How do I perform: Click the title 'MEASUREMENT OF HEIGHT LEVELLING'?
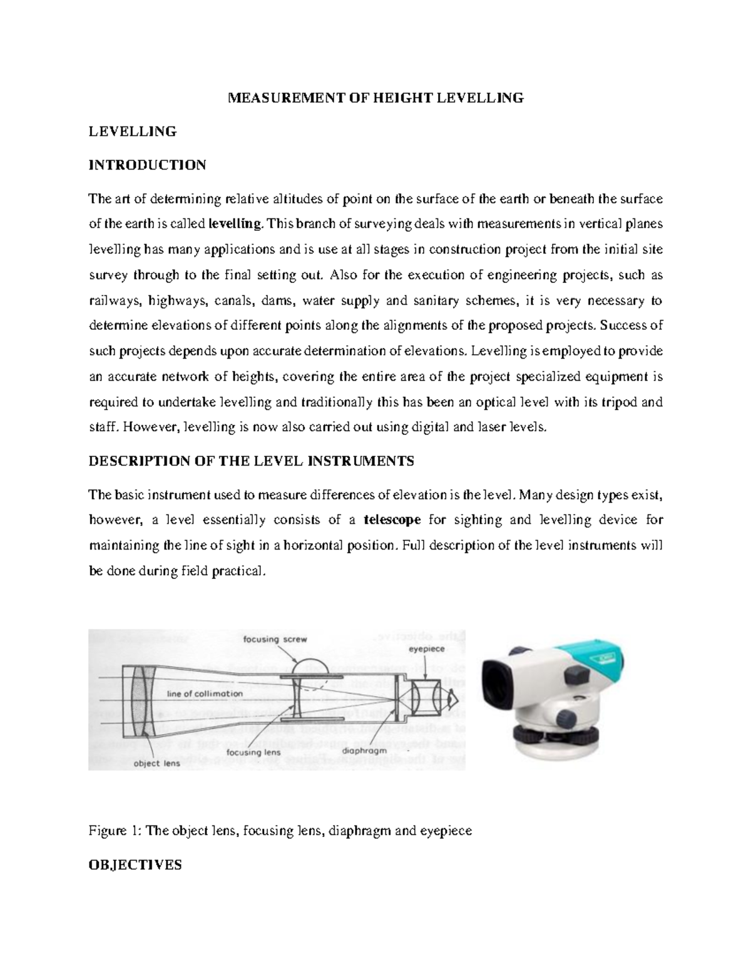point(375,98)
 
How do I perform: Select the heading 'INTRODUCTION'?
point(147,165)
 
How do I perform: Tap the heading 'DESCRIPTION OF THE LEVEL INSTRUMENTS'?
point(252,461)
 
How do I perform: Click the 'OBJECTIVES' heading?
point(135,865)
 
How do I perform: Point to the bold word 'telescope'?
point(392,519)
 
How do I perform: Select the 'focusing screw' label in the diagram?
point(275,639)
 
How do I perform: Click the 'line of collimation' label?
point(205,693)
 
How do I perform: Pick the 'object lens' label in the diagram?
point(156,763)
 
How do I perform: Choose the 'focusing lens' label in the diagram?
point(253,752)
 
